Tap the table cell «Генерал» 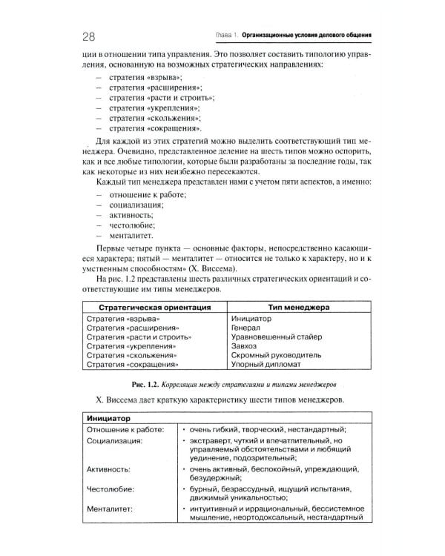[247, 327]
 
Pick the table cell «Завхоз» [245, 345]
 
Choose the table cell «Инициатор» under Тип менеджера [251, 318]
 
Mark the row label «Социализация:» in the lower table [114, 440]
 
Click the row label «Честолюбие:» [111, 489]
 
